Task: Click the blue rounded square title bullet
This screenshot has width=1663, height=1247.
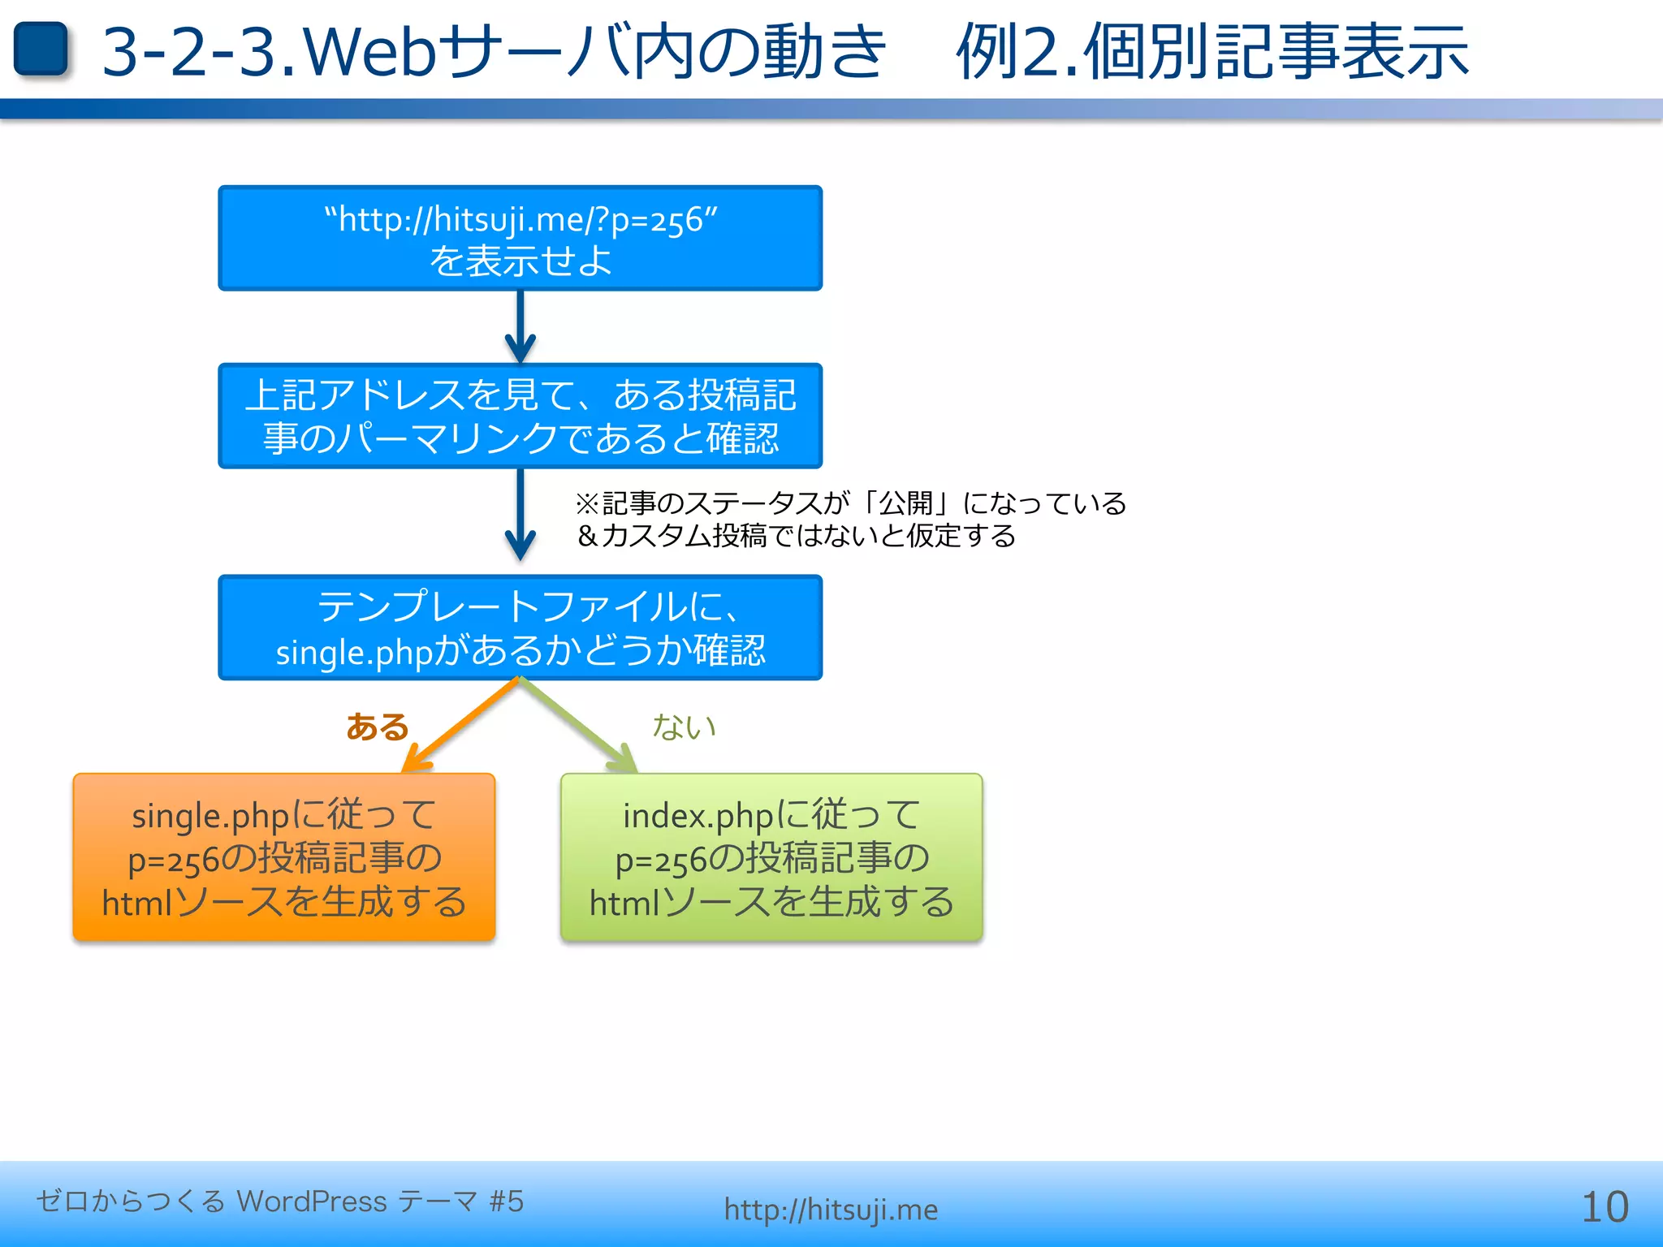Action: coord(41,50)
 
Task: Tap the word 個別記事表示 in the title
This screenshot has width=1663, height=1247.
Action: coord(1275,53)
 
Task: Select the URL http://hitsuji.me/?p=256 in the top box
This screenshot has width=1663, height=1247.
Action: coord(520,219)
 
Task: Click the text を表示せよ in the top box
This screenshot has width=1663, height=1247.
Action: coord(520,261)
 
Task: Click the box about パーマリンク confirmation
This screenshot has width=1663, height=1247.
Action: coord(520,416)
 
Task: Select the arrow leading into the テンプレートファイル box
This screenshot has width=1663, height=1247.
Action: coord(520,516)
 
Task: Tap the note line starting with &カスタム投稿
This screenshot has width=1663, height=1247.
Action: coord(796,536)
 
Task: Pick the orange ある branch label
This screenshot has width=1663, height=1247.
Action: coord(377,727)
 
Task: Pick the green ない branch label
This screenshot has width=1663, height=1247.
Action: coord(684,727)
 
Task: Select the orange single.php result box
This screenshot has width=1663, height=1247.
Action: coord(283,857)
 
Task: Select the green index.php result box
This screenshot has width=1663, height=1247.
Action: coord(771,857)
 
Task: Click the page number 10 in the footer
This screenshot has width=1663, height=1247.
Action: coord(1605,1207)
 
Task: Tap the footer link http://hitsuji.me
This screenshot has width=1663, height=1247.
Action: coord(831,1210)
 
